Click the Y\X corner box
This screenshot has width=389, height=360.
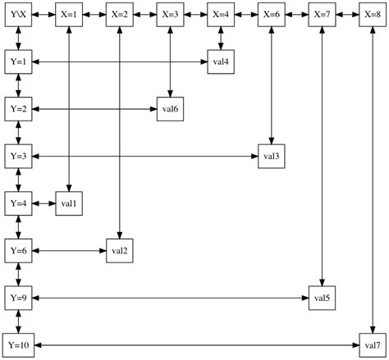(x=18, y=15)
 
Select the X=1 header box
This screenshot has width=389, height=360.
(x=69, y=15)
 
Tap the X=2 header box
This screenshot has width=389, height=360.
(x=120, y=15)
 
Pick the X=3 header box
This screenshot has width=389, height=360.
(x=170, y=15)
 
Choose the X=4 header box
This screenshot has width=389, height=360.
(x=220, y=15)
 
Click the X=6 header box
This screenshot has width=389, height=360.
(x=271, y=15)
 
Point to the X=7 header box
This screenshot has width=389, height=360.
(x=321, y=15)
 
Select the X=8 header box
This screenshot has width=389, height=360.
(x=371, y=15)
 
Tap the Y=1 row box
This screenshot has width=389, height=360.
(x=18, y=62)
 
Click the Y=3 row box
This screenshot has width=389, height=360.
(x=18, y=156)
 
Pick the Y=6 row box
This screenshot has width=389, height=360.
(x=18, y=250)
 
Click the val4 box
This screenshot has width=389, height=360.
(x=220, y=62)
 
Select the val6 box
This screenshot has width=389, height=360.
(x=170, y=109)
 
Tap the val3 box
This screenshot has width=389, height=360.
(x=271, y=156)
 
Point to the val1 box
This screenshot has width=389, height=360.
(x=69, y=203)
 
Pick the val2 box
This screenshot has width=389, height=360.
(x=120, y=250)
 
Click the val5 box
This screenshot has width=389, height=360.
(x=321, y=297)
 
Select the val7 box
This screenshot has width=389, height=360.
(x=371, y=344)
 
